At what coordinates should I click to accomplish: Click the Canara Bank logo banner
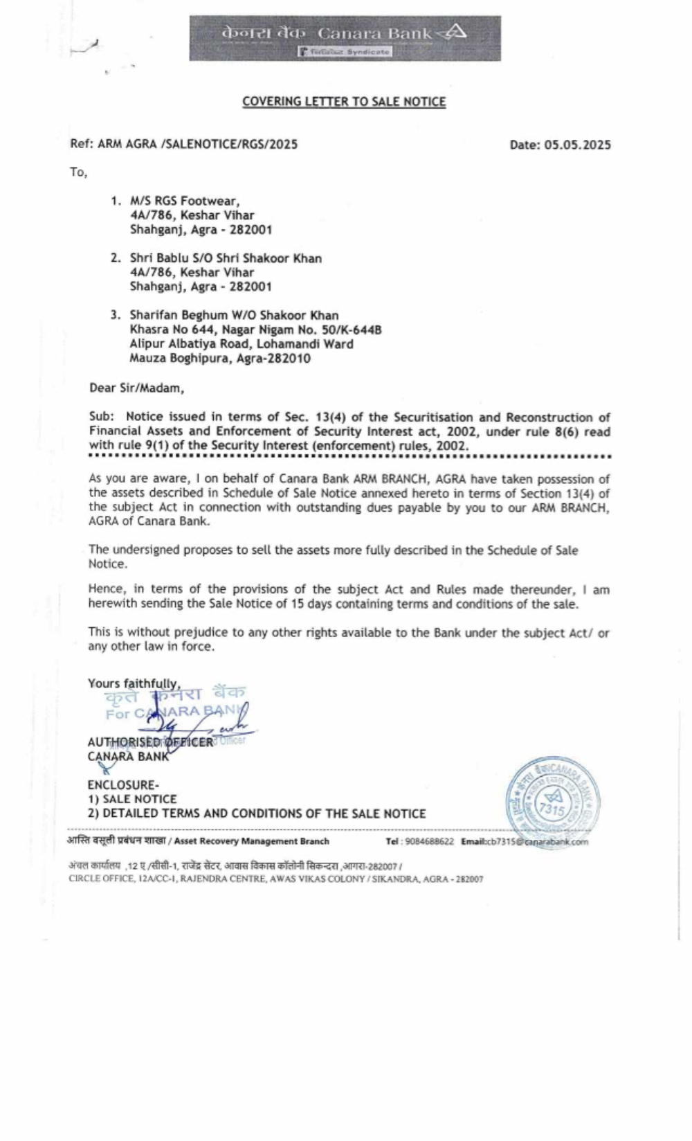[345, 38]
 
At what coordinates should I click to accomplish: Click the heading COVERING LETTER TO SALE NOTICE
[344, 102]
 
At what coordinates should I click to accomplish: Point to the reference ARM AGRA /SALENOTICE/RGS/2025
[198, 144]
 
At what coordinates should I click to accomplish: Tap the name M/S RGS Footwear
[185, 201]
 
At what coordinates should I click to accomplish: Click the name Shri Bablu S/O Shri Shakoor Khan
[226, 258]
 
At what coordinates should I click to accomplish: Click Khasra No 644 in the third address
[172, 330]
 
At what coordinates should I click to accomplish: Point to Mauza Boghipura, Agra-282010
[220, 359]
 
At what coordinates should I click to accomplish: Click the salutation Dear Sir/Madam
[137, 388]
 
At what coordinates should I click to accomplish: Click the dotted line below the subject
[349, 457]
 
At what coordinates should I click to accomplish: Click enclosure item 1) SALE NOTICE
[132, 799]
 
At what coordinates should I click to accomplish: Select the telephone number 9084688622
[430, 842]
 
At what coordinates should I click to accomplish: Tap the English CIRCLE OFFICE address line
[275, 879]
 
